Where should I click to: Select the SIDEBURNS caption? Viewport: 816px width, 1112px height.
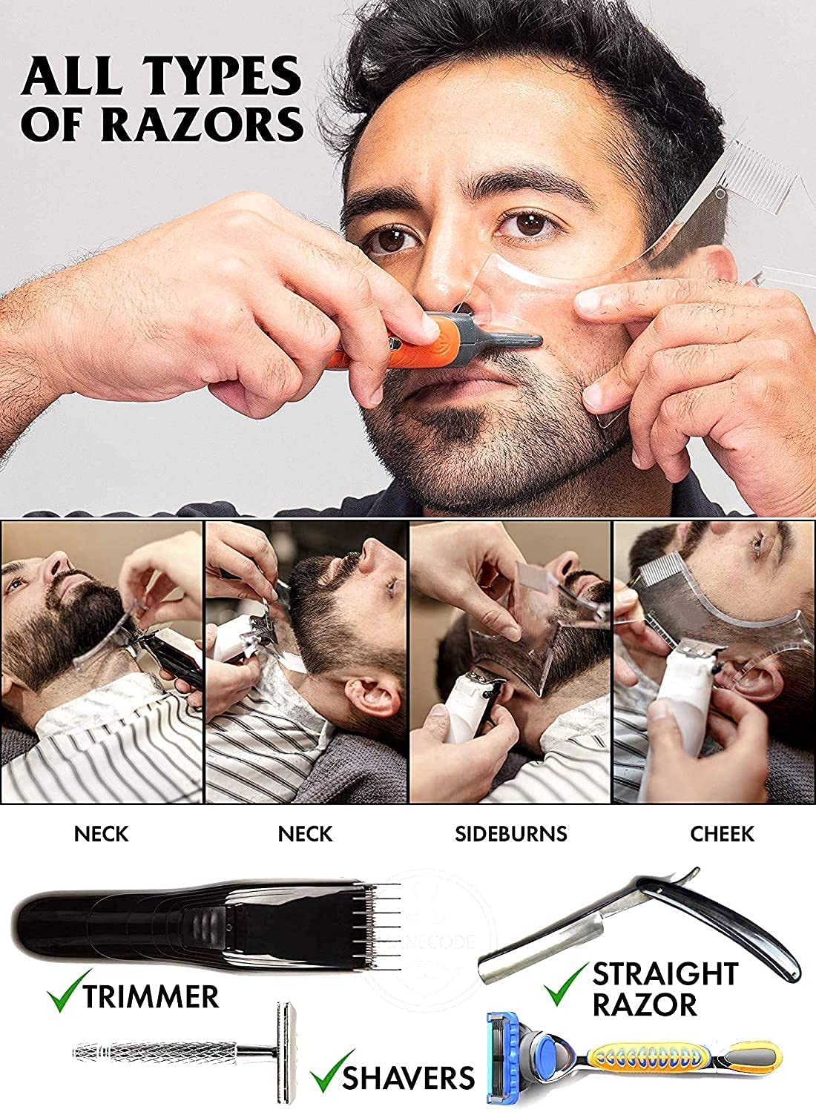(510, 833)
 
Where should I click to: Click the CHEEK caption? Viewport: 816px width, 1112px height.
(722, 833)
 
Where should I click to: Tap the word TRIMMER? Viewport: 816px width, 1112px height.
(151, 996)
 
